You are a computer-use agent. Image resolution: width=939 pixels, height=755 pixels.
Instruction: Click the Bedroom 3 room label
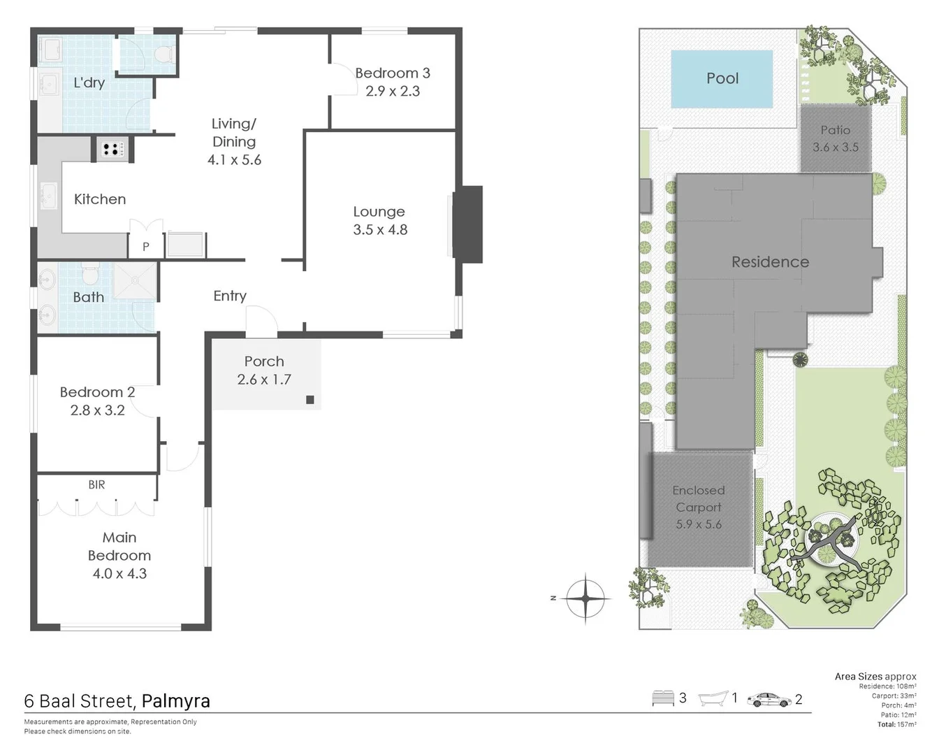pos(392,73)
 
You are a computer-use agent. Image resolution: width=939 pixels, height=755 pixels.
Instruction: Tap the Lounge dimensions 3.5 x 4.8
pos(380,230)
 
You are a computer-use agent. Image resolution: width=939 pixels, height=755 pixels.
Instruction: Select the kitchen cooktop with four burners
pos(112,149)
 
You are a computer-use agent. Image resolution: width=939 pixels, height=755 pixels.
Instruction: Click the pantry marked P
pos(146,246)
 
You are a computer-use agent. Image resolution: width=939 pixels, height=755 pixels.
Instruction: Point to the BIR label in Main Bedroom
pos(96,484)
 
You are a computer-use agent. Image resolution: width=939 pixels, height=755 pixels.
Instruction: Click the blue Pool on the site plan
pos(722,79)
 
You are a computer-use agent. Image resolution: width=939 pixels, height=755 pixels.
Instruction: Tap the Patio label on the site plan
pos(836,130)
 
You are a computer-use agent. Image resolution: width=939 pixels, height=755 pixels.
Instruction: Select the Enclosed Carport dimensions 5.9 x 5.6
pos(699,524)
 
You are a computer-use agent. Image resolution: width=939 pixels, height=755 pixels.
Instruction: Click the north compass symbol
pos(585,598)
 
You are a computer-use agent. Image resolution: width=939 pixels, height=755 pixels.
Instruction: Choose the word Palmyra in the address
pos(175,701)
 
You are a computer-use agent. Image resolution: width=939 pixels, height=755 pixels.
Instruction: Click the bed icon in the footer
pos(662,698)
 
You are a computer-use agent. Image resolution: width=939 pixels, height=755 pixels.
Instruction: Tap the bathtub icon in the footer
pos(713,698)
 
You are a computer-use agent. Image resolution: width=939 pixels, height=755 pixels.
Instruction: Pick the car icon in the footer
pos(769,699)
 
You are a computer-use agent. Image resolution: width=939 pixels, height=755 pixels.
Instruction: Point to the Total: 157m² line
pos(896,724)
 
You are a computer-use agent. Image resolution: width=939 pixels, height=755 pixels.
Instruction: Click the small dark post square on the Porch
pos(310,400)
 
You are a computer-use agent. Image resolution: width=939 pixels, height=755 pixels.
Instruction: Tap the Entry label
pos(230,296)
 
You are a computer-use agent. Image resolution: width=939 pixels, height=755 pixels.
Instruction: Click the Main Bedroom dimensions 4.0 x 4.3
pos(119,574)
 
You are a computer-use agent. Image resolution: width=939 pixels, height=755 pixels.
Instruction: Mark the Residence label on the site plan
pos(770,262)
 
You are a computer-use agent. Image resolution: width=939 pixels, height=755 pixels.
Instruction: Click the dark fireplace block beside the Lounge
pos(468,224)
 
